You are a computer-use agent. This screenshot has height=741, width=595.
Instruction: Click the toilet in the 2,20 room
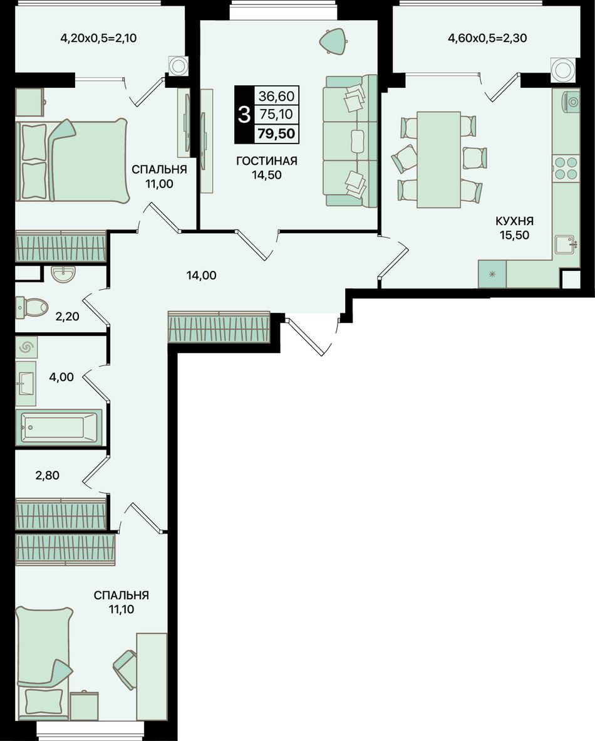(x=32, y=307)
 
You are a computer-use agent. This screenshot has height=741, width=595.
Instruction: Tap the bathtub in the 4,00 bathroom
(x=58, y=427)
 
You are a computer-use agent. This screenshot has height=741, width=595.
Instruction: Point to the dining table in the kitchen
(x=438, y=160)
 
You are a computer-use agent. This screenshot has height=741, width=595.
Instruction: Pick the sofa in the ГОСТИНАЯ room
(x=350, y=140)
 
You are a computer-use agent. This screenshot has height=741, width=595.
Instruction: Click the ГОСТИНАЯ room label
(x=267, y=161)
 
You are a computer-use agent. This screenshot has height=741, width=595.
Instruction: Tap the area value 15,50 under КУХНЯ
(x=515, y=235)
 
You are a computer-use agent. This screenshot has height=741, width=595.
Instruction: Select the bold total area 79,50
(x=276, y=134)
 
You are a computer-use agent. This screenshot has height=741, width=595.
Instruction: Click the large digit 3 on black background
(x=244, y=114)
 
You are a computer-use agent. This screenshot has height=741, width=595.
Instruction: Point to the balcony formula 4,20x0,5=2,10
(x=99, y=38)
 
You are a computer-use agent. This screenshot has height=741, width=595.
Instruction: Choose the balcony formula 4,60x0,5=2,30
(x=487, y=38)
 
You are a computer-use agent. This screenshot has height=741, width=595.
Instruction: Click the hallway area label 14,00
(x=202, y=275)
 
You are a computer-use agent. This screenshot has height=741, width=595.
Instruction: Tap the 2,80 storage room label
(x=47, y=475)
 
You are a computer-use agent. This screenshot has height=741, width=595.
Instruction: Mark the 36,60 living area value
(x=276, y=97)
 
